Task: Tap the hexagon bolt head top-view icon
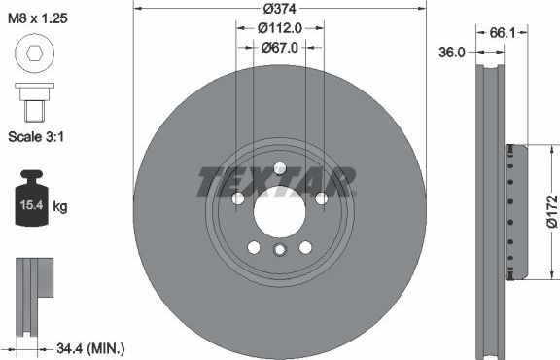point(35,57)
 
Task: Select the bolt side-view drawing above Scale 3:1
point(35,98)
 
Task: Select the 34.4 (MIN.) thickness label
point(88,347)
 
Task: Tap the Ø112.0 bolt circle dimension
point(279,28)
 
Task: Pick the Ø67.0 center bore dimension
point(279,47)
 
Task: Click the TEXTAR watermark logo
point(277,181)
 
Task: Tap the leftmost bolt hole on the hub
point(237,198)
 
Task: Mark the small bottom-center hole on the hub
point(279,250)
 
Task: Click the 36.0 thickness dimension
point(453,54)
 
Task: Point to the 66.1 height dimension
point(502,33)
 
